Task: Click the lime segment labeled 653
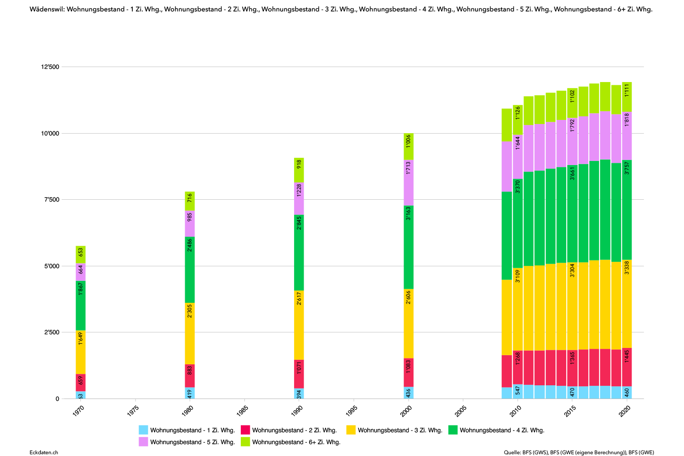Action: (81, 254)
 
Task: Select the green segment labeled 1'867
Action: (81, 306)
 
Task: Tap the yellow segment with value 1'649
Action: (81, 352)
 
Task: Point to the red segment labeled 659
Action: (81, 383)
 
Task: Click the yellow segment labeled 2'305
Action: (190, 333)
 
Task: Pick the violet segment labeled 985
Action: (190, 223)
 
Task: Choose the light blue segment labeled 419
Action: (190, 393)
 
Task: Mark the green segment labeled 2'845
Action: (299, 253)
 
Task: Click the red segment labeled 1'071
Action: (299, 374)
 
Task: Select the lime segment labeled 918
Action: (299, 170)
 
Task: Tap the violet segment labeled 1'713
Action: (408, 183)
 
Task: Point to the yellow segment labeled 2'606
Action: (408, 323)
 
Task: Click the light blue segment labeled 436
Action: (408, 393)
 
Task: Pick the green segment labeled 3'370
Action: (518, 223)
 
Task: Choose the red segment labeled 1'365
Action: (572, 368)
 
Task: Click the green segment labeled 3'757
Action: (627, 210)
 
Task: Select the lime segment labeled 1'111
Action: (627, 97)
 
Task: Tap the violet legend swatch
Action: (143, 441)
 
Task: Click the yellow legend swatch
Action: (351, 430)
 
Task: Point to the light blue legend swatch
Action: (143, 430)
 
